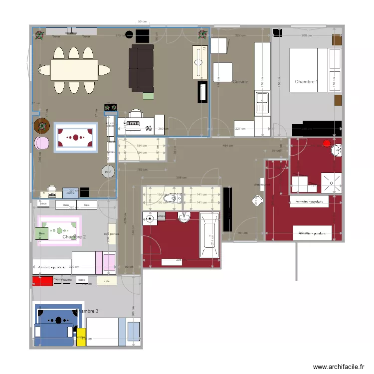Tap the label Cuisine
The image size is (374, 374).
[240, 81]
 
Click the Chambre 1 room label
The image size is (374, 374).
[305, 81]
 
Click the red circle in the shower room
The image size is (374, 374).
[327, 144]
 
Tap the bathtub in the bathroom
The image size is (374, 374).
[209, 235]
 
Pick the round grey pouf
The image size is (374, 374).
[108, 172]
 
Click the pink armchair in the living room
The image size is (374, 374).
[41, 144]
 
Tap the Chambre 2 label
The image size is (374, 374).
[74, 237]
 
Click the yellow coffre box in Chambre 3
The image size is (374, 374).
[81, 337]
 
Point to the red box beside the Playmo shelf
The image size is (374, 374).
[42, 281]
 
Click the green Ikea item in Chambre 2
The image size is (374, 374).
[41, 233]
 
